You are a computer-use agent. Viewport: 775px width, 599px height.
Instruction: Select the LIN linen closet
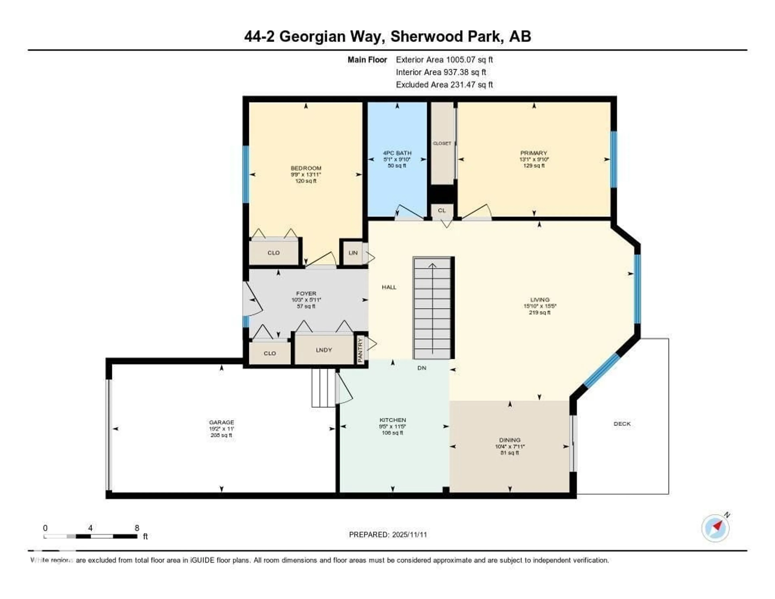pos(353,253)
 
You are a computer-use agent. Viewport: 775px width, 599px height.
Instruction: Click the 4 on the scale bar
pos(90,528)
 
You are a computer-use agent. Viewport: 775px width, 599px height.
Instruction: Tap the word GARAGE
pos(221,422)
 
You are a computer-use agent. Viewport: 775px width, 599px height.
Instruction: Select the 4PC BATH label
pos(397,153)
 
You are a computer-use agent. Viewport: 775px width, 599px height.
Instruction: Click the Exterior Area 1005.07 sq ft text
pos(444,60)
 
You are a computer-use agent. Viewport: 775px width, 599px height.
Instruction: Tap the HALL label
pos(389,287)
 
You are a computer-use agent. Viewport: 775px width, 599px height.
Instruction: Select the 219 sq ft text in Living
pos(539,312)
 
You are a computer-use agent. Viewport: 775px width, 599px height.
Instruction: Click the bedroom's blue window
pos(246,174)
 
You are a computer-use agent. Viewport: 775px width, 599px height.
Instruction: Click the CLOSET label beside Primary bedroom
pos(442,143)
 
